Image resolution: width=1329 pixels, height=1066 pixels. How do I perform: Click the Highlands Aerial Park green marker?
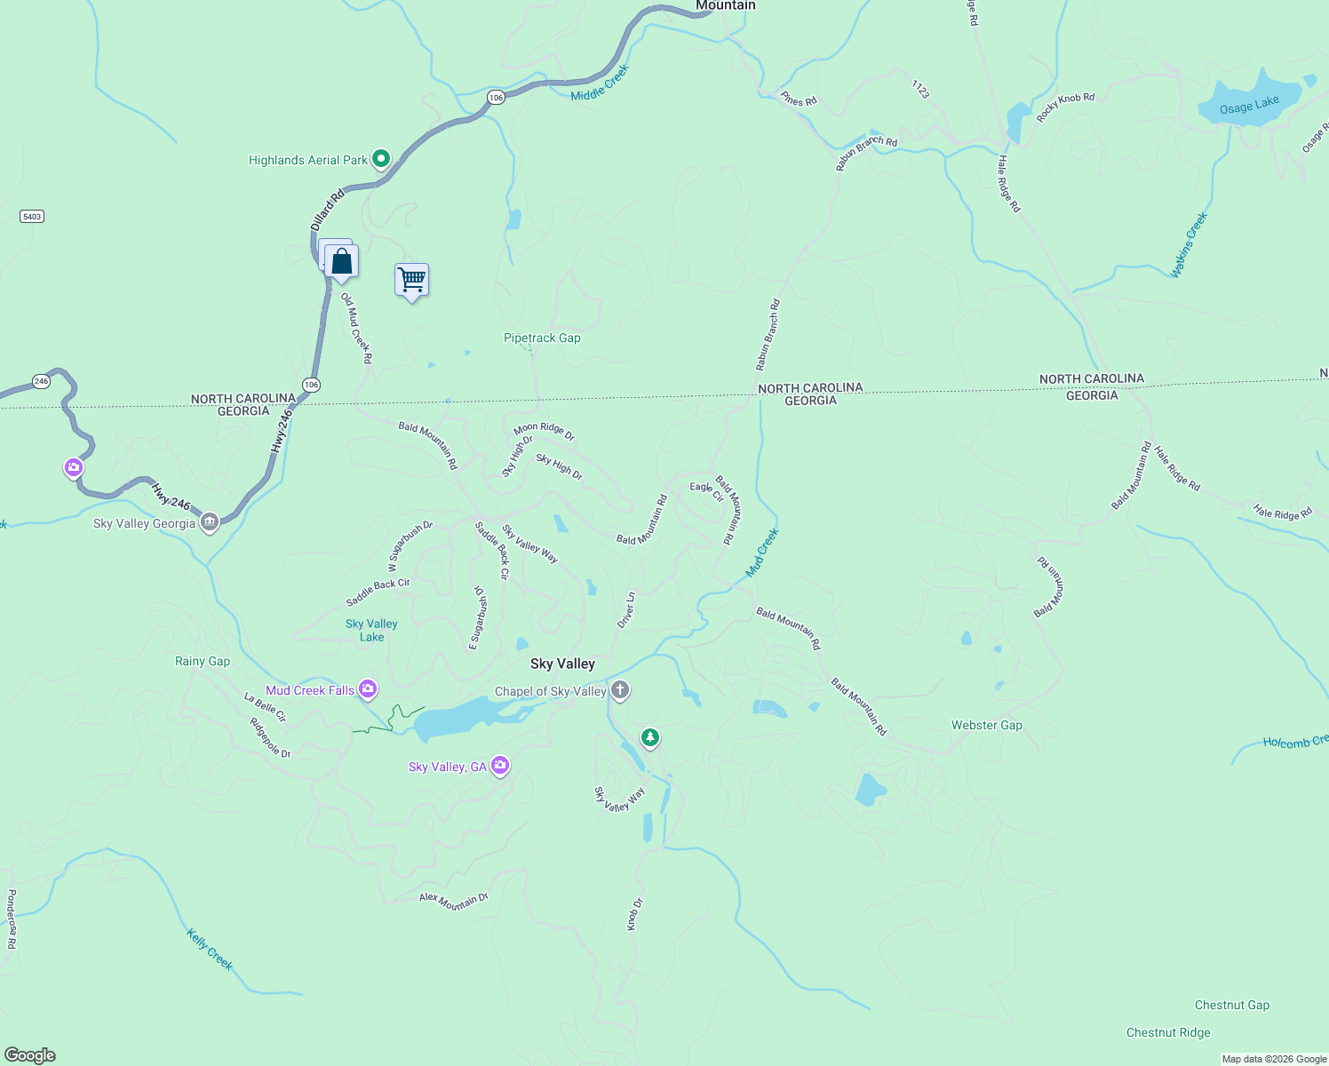[x=381, y=159]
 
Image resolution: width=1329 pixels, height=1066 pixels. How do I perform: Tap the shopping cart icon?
[x=411, y=280]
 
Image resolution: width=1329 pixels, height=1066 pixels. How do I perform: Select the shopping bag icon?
[x=341, y=261]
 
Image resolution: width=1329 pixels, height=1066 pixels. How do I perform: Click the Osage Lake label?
[x=1249, y=106]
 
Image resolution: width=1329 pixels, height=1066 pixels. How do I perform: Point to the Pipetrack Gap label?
[x=542, y=338]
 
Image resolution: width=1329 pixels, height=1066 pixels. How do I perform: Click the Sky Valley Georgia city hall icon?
[x=210, y=522]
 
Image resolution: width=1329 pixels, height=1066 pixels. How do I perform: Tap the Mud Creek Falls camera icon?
[x=368, y=689]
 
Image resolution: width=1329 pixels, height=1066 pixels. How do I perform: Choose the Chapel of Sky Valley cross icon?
[x=620, y=690]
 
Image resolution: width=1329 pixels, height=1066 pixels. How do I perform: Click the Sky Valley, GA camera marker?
[x=500, y=766]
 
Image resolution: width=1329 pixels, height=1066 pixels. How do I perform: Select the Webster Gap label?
[x=986, y=725]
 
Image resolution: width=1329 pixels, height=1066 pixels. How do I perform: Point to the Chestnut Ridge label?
[x=1167, y=1032]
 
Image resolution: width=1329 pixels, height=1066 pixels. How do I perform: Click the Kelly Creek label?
[x=210, y=949]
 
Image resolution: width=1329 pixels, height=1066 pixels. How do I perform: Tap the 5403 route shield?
[x=32, y=217]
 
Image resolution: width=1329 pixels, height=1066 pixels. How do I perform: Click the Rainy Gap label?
[x=203, y=661]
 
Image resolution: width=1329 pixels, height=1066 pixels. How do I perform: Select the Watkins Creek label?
[x=1189, y=245]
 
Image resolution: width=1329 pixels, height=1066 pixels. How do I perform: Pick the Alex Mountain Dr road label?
[x=454, y=901]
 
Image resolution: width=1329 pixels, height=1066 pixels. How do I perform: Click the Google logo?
[x=30, y=1055]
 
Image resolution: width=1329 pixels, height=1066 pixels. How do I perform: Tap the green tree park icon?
[x=650, y=737]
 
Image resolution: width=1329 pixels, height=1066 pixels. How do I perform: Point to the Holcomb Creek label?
[x=1295, y=742]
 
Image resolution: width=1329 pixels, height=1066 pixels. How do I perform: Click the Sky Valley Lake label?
[x=371, y=630]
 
